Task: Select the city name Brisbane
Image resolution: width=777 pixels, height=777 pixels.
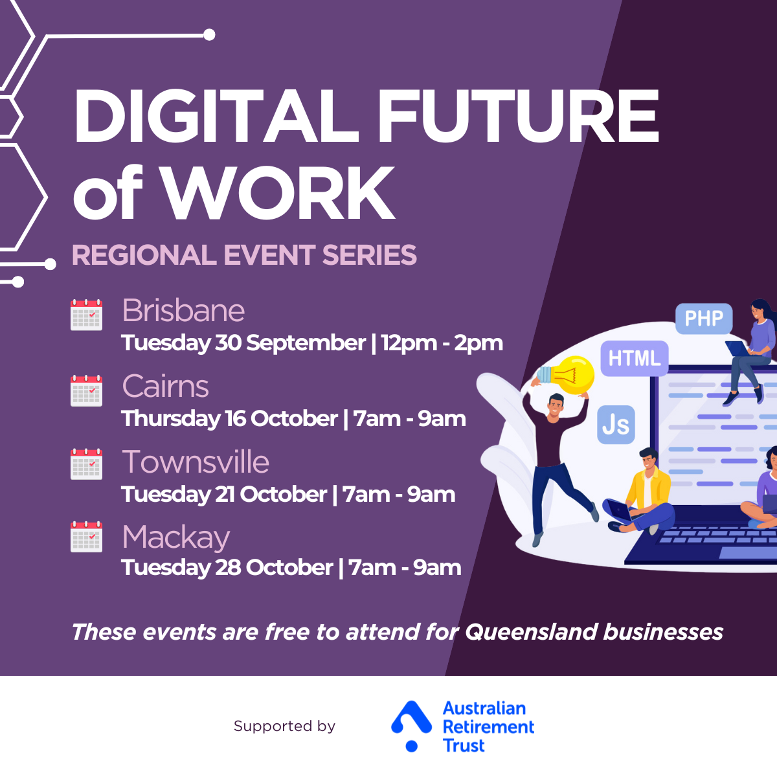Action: pos(183,311)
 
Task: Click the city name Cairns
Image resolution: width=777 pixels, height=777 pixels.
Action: pos(165,386)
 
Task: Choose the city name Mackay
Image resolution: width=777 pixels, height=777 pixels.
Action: pos(176,538)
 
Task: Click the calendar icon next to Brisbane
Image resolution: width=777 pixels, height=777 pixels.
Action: pos(86,315)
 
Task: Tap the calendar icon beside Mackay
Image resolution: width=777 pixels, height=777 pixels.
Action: pos(86,536)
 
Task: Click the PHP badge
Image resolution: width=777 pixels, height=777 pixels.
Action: pos(704,319)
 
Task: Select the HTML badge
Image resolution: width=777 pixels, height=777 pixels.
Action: pos(635,358)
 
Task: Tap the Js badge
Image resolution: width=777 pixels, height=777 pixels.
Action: pos(616,424)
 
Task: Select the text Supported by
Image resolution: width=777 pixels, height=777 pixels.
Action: pos(284,726)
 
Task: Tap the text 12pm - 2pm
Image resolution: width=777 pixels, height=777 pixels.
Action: pos(442,343)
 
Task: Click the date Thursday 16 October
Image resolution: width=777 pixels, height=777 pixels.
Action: pos(229,418)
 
